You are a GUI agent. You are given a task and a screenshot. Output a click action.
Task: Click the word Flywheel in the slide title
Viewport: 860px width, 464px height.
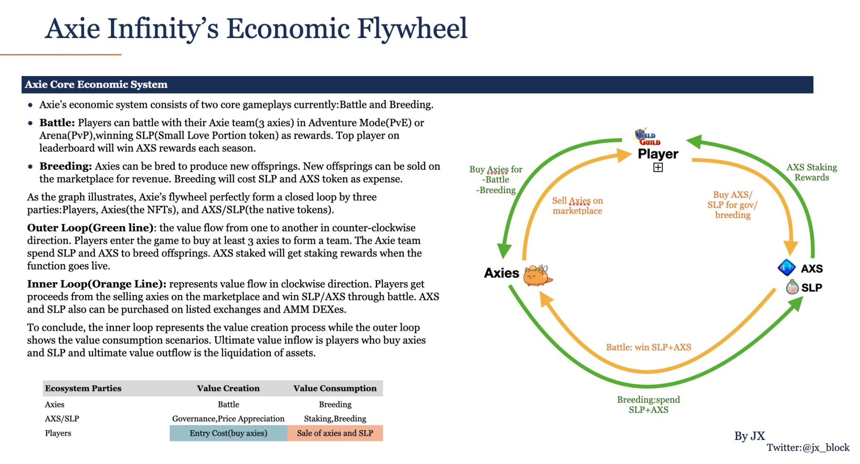[x=412, y=29]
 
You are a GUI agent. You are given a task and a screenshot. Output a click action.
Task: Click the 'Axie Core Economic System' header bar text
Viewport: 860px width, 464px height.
[x=96, y=85]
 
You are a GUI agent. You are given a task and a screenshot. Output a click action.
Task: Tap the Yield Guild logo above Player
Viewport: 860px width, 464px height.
[x=647, y=137]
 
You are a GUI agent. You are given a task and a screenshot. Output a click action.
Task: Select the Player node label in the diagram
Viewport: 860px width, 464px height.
[x=658, y=154]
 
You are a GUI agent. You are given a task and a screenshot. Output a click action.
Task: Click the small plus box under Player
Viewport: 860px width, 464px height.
[x=658, y=168]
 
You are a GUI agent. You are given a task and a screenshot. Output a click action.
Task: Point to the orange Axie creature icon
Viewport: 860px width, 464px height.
[x=537, y=276]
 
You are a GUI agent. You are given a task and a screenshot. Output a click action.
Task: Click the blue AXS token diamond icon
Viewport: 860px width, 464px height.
[x=786, y=268]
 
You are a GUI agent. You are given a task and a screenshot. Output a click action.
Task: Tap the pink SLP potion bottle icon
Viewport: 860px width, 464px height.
[x=792, y=287]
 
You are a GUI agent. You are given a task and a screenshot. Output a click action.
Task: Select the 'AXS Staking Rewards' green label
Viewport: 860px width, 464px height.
[x=812, y=172]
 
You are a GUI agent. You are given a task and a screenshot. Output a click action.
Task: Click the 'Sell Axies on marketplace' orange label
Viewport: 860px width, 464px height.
[x=577, y=206]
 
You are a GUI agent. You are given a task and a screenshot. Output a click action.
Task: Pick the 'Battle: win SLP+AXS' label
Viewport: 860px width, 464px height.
[x=648, y=347]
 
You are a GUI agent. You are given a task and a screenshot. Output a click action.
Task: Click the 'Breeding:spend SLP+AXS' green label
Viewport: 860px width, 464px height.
[x=648, y=404]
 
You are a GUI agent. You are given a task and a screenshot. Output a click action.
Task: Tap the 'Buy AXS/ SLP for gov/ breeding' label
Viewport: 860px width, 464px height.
[x=732, y=205]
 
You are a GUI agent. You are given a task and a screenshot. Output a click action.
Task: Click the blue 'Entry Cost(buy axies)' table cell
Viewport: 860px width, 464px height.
[x=228, y=433]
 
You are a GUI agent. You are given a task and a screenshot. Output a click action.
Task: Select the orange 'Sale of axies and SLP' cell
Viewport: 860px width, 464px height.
[x=335, y=433]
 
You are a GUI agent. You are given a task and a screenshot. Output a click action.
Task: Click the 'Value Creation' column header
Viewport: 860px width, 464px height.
[x=228, y=388]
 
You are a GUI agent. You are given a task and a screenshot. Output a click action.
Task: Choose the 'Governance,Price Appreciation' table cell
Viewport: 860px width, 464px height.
[x=228, y=418]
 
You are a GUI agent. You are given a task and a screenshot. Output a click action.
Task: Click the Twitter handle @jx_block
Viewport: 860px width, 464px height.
[x=807, y=448]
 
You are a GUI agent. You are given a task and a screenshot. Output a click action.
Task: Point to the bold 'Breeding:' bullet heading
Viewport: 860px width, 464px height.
[x=65, y=166]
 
